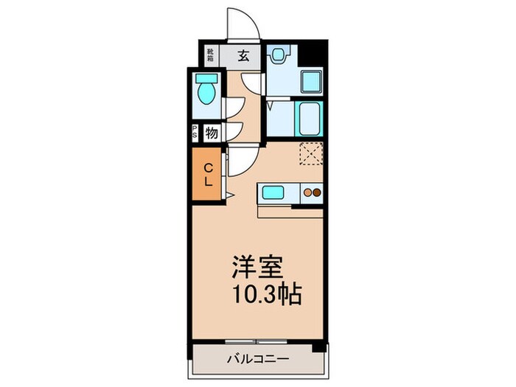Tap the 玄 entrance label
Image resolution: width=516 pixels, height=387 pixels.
243,54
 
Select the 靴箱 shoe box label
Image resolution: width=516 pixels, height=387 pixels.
210,54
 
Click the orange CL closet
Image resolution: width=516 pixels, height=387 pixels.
208,175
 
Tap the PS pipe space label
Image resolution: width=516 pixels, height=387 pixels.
195,133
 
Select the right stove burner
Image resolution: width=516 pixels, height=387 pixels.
318,193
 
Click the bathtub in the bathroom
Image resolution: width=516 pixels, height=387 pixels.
310,118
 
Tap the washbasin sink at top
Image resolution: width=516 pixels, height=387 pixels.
279,54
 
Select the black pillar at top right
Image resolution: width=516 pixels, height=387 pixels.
317,53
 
